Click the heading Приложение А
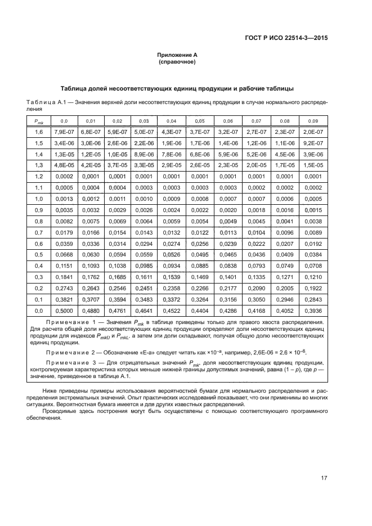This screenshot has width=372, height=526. click(177, 55)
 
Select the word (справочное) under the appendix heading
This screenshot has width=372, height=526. click(177, 62)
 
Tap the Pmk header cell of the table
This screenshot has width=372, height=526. click(39, 122)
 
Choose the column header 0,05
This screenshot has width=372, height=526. click(199, 122)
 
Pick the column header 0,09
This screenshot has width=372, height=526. click(312, 122)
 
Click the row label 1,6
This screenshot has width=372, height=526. click(39, 132)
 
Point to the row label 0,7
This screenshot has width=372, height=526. click(39, 232)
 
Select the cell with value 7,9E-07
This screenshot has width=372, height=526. click(64, 132)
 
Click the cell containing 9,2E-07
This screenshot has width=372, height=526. click(312, 143)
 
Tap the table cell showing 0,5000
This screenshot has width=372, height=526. click(64, 310)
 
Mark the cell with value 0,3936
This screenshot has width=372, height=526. click(312, 310)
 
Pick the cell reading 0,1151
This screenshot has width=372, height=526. click(64, 266)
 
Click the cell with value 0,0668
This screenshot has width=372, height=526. click(64, 254)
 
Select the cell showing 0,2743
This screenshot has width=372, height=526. click(64, 287)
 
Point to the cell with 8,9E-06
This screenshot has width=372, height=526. click(144, 155)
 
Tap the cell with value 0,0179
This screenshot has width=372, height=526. click(64, 232)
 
